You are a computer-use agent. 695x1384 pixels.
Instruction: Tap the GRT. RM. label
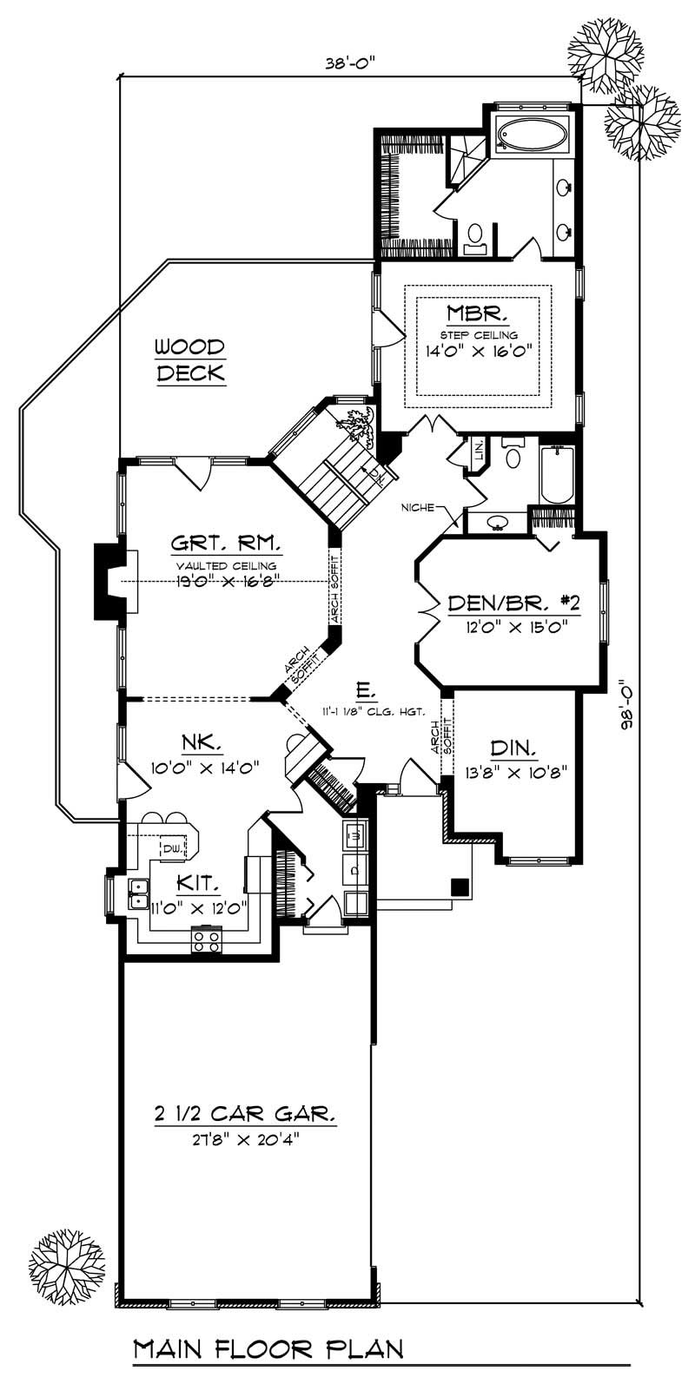(225, 544)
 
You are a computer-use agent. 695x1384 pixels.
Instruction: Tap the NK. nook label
(202, 744)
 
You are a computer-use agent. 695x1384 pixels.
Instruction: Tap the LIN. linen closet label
(478, 451)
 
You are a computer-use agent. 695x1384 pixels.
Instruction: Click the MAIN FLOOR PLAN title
(268, 1349)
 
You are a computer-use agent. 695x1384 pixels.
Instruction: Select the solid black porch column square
(460, 886)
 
